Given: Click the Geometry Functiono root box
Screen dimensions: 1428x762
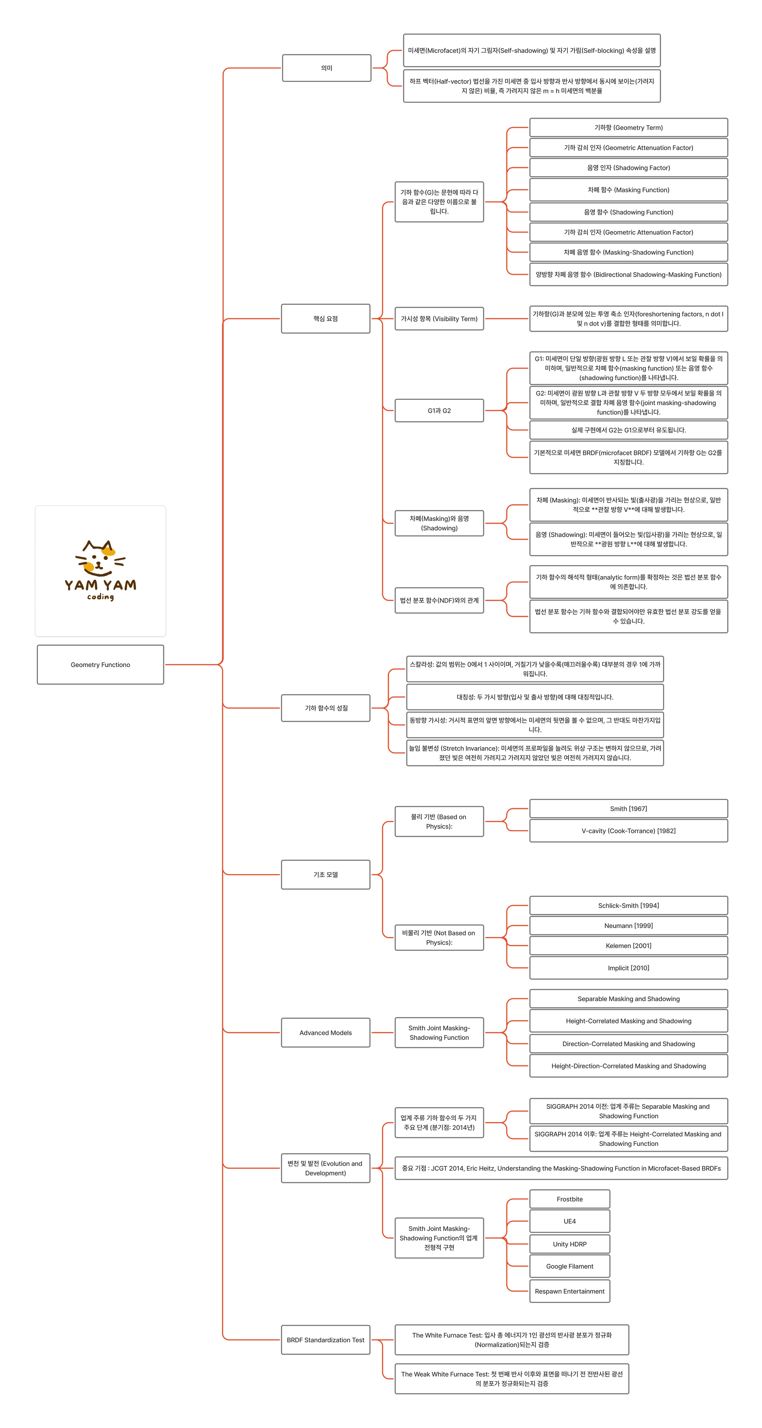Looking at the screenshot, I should point(100,664).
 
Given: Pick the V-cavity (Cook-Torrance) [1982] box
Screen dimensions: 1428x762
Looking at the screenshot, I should point(628,831).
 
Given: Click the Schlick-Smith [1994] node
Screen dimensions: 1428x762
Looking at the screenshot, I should point(628,905).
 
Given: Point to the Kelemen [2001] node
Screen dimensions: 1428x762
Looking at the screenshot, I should point(628,945).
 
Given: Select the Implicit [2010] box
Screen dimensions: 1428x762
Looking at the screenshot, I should point(628,968).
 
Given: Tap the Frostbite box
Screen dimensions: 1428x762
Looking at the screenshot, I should point(569,1199).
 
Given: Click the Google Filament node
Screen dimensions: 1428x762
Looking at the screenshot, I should point(569,1266).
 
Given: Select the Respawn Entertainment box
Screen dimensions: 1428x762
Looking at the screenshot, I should point(569,1291).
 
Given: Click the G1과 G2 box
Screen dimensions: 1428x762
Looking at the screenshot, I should point(439,410).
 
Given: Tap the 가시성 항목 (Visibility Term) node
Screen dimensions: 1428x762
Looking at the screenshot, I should point(439,318).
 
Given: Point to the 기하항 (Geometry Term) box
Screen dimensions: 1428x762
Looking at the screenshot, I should point(628,127).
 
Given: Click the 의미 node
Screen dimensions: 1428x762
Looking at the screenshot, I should point(326,68).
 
